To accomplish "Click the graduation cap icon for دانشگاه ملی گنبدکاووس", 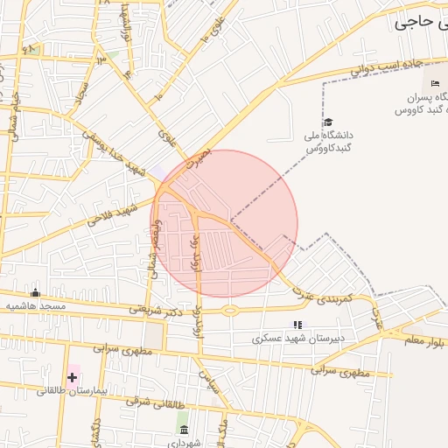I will pyautogui.click(x=328, y=122).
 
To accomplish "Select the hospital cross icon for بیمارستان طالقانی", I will pyautogui.click(x=72, y=378).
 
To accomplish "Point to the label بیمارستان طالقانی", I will pyautogui.click(x=71, y=391).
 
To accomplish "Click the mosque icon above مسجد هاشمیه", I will pyautogui.click(x=35, y=293).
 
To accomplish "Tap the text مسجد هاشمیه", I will pyautogui.click(x=36, y=306).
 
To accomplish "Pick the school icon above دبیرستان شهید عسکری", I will pyautogui.click(x=297, y=325).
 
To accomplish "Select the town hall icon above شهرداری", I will pyautogui.click(x=183, y=430).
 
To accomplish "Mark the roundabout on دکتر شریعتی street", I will pyautogui.click(x=229, y=310).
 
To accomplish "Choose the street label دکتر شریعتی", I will pyautogui.click(x=157, y=308).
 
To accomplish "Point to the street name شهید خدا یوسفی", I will pyautogui.click(x=113, y=152).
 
